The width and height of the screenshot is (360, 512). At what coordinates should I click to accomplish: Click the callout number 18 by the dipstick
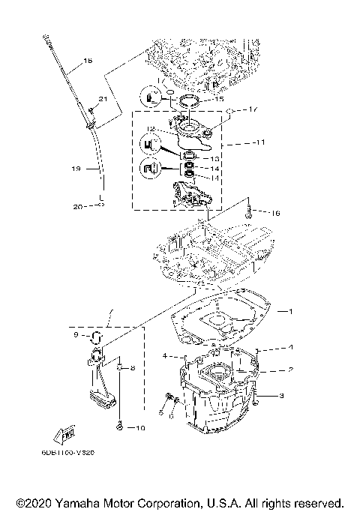click(x=88, y=61)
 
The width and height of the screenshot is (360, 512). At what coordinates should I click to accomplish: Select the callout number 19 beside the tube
click(x=76, y=169)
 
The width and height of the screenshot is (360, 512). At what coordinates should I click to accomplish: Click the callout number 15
click(x=219, y=99)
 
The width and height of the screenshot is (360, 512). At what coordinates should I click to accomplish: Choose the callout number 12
click(x=150, y=127)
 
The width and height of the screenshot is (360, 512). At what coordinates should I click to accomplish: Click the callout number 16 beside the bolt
click(x=275, y=214)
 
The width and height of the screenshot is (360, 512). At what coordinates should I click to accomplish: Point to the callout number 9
click(x=75, y=335)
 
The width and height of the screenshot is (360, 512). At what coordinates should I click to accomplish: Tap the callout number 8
click(x=133, y=368)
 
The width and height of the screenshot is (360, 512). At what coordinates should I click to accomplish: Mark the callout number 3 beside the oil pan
click(x=281, y=395)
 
